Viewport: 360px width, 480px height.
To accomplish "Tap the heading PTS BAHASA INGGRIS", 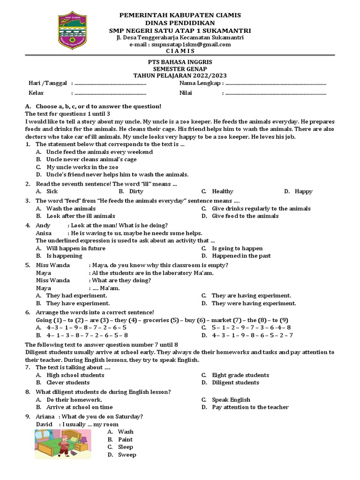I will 180,62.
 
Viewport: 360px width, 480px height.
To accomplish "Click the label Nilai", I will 186,93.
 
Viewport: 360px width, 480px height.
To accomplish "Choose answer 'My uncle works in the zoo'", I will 82,167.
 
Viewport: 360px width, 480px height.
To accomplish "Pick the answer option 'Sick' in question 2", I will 52,191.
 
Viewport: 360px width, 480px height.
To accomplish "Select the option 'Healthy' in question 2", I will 222,191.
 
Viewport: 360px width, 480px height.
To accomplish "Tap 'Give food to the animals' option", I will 245,216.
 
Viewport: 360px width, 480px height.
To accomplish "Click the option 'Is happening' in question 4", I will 64,256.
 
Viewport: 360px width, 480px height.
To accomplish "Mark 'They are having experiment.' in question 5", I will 251,296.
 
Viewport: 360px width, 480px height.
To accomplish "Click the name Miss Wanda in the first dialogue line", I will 52,265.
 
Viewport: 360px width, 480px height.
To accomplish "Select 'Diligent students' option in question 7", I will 235,382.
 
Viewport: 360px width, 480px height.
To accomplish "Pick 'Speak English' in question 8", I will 231,400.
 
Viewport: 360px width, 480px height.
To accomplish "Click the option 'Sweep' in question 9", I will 127,455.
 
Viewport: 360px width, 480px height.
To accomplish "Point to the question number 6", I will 28,313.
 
